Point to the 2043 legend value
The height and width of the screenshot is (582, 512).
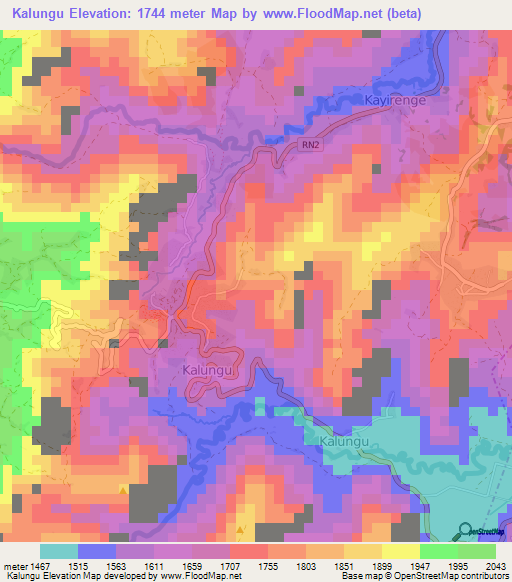[x=497, y=566]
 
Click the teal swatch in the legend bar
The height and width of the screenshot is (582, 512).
[x=59, y=551]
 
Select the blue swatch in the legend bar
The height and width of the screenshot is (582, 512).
[x=97, y=551]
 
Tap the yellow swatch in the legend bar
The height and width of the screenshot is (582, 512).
[x=400, y=551]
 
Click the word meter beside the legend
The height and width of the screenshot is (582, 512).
[x=13, y=566]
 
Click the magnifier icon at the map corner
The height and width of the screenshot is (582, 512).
[x=465, y=529]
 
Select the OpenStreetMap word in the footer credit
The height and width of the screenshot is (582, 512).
[x=432, y=576]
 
